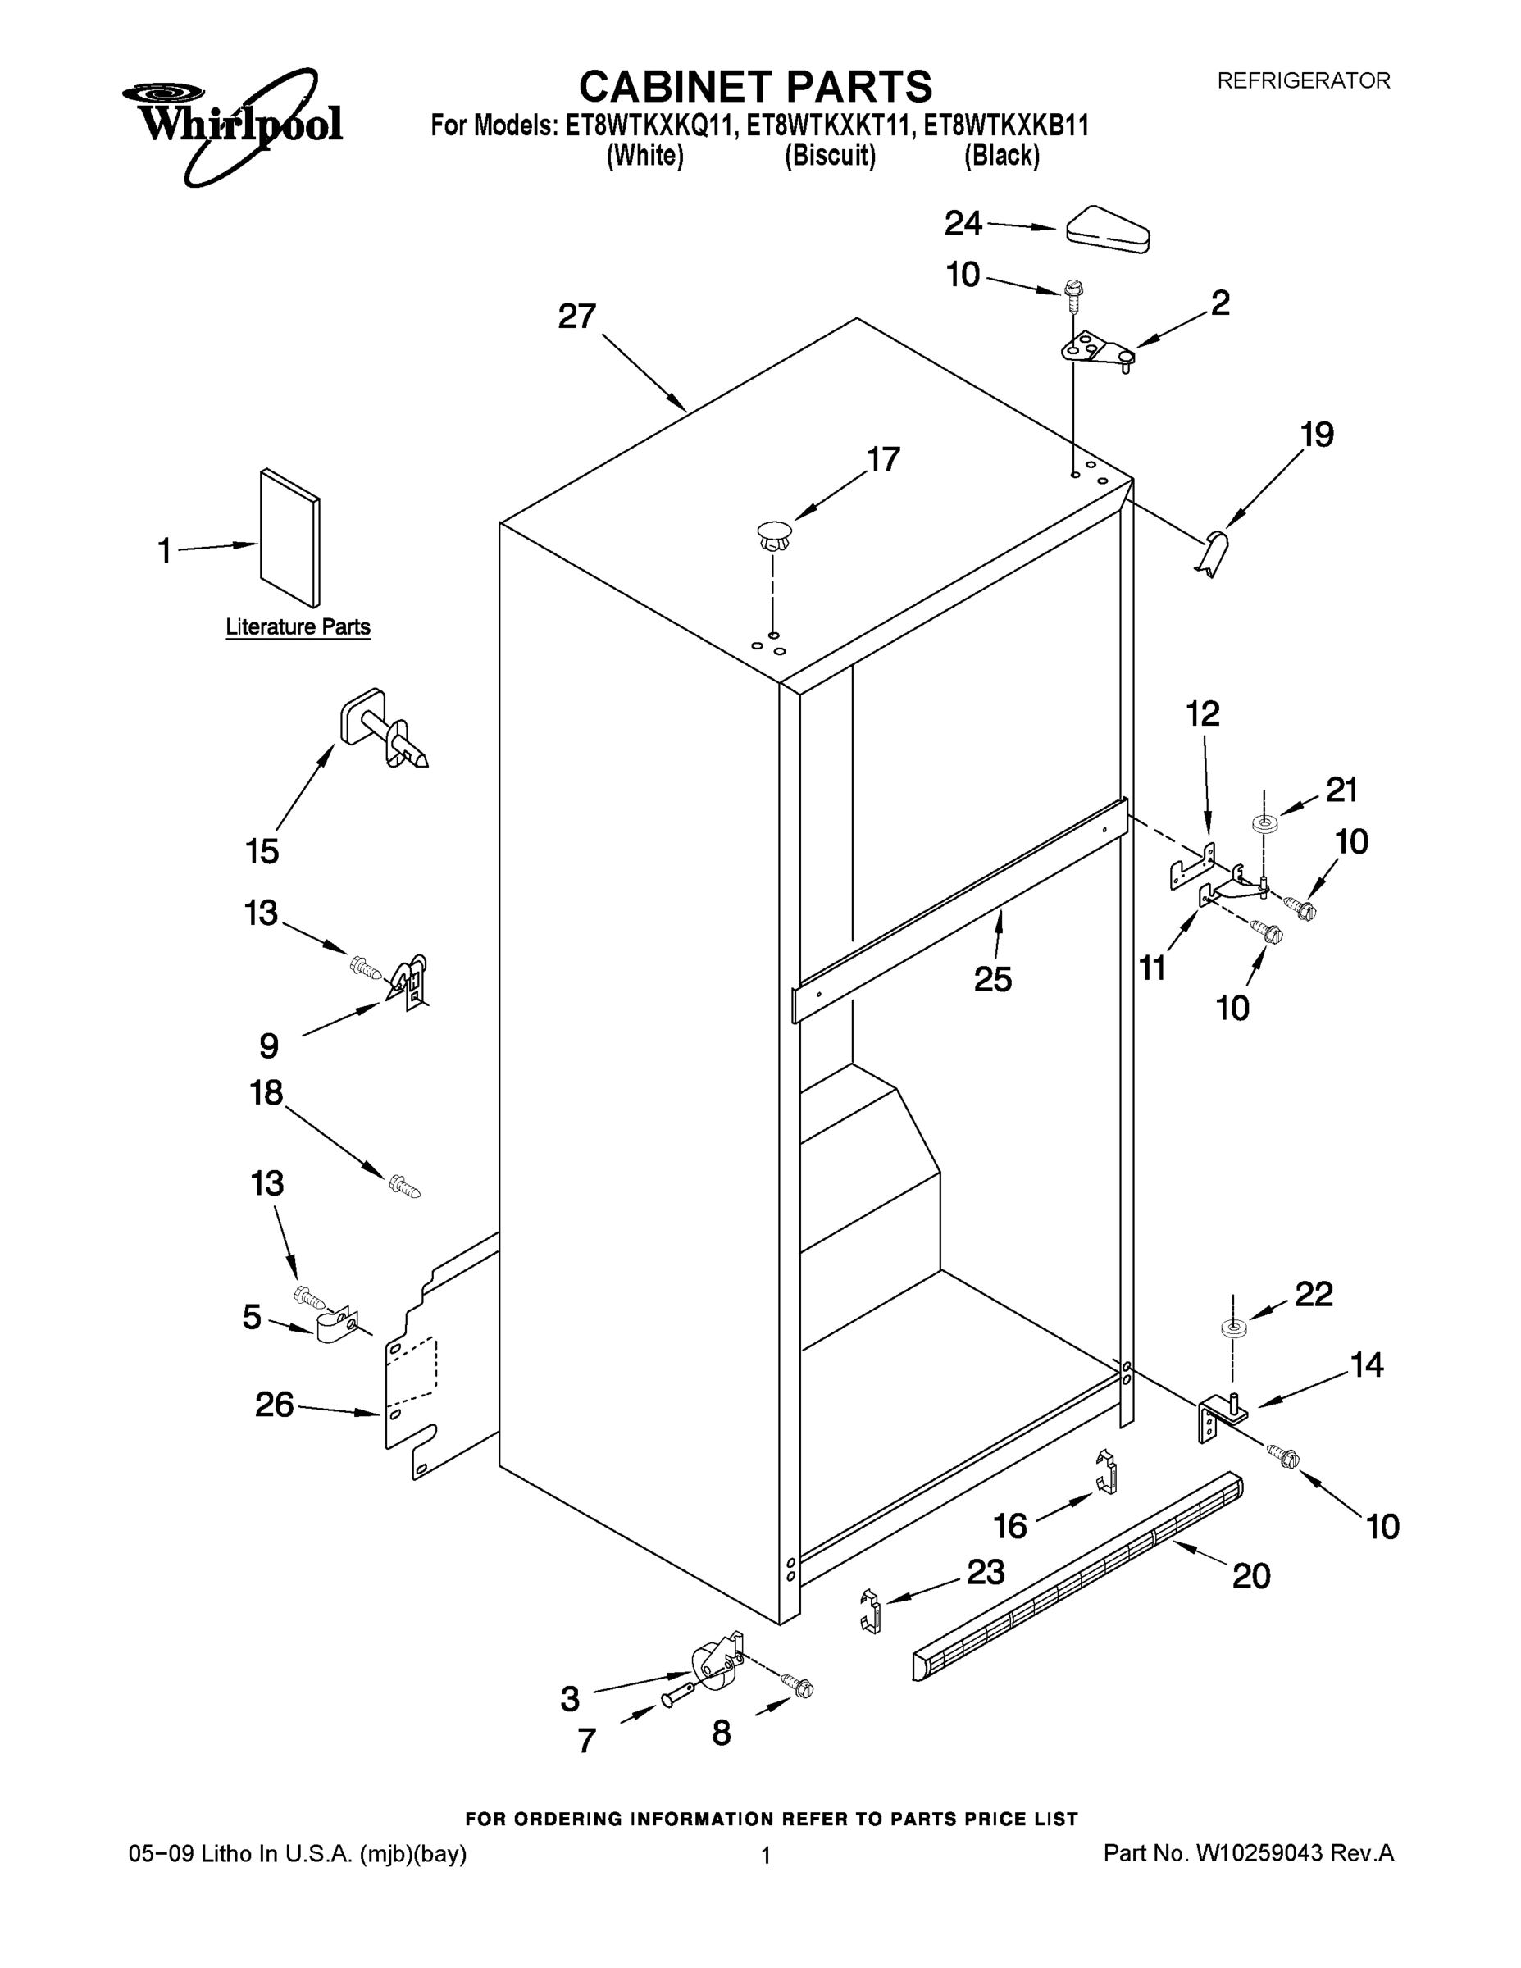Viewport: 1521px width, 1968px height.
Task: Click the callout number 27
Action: (x=576, y=317)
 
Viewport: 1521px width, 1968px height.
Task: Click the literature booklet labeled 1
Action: (x=289, y=538)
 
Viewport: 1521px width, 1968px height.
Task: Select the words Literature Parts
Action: (x=298, y=627)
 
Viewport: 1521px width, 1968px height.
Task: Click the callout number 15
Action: (x=262, y=850)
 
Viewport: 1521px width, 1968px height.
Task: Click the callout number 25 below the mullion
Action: (x=993, y=978)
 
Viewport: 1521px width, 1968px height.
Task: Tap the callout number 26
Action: (x=274, y=1404)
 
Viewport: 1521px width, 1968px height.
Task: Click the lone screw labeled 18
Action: (x=403, y=1187)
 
